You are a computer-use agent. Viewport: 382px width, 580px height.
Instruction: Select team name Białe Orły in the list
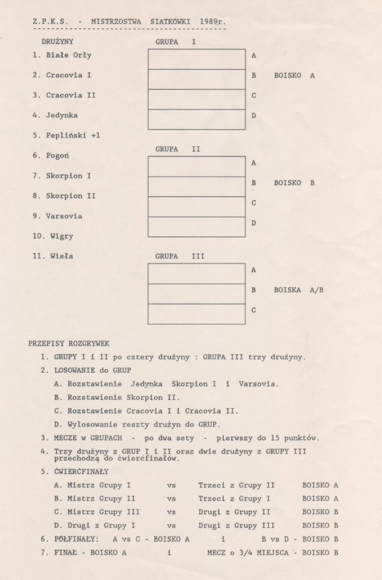69,56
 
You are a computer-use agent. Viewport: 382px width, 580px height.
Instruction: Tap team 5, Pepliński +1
73,135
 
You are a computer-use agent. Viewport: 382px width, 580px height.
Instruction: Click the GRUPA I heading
175,41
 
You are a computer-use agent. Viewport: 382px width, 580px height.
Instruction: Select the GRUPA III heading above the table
180,256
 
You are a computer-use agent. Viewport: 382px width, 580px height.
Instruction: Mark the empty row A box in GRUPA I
196,59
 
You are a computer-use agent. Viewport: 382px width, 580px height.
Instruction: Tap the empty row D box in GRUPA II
196,227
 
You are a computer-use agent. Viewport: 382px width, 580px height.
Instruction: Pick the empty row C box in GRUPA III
196,314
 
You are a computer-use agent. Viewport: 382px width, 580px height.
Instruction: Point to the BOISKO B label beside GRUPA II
294,184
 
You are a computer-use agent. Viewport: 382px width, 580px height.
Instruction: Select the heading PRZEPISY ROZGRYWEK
69,343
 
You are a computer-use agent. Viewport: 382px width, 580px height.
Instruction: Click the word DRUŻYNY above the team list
57,41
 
